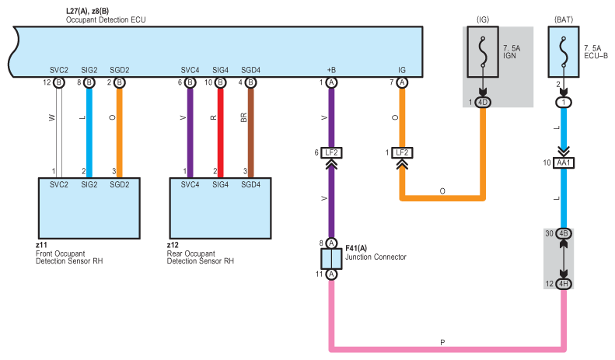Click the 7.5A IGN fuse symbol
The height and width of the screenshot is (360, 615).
click(483, 54)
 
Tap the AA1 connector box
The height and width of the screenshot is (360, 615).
click(564, 163)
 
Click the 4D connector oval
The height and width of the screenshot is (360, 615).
click(483, 102)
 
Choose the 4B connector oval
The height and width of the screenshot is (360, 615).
click(564, 233)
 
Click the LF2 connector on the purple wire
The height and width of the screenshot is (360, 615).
click(332, 152)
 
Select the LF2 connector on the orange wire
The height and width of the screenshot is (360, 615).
click(402, 152)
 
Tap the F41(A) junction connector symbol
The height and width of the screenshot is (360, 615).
click(331, 258)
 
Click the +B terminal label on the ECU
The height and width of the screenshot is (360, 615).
click(332, 70)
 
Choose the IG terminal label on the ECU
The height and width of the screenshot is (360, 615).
click(402, 70)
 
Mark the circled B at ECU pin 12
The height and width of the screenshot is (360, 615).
click(59, 82)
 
